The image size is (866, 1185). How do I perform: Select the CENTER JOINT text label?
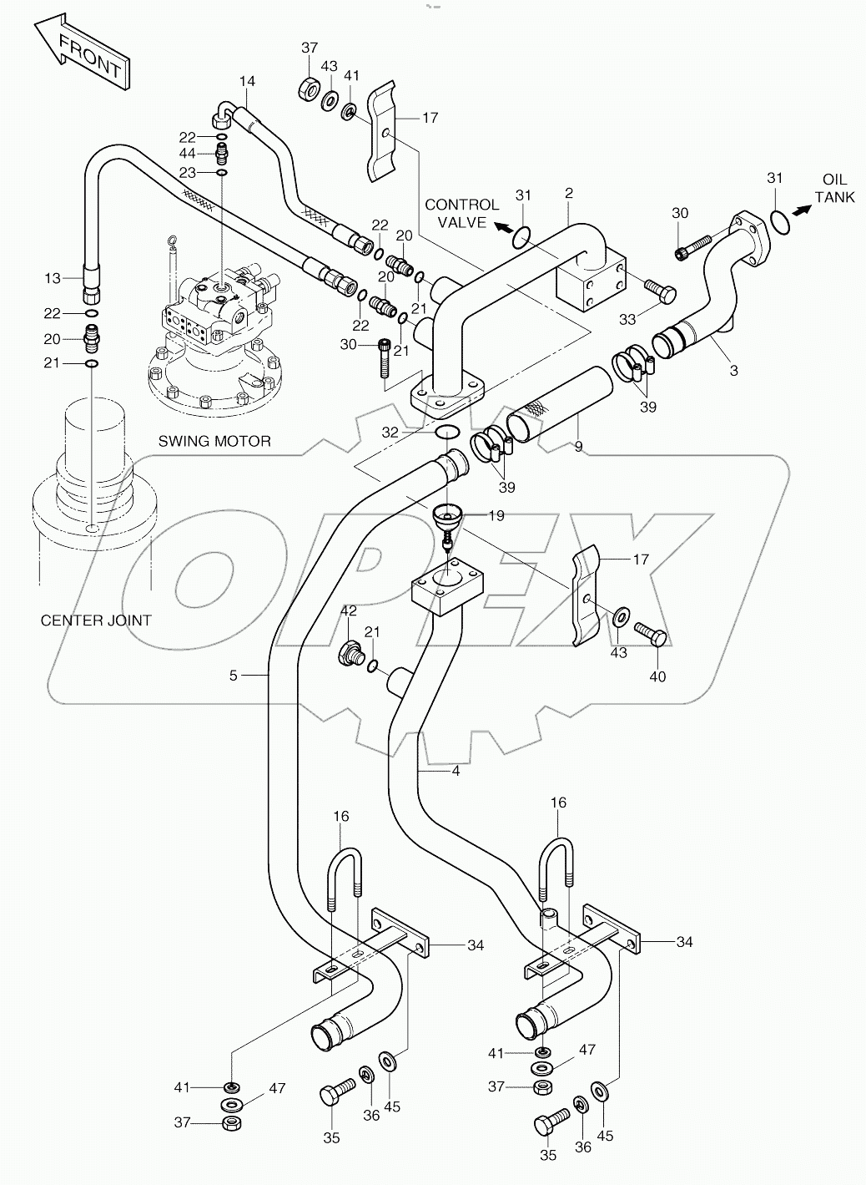click(96, 620)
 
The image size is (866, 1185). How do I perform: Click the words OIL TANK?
click(834, 189)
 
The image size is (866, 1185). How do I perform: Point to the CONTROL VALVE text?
click(461, 212)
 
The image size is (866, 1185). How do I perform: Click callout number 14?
click(247, 81)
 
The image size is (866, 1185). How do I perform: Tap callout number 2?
click(568, 194)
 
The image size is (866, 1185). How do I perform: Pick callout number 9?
click(577, 448)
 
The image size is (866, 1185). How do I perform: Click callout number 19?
click(496, 516)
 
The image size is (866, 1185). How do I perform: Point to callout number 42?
click(348, 610)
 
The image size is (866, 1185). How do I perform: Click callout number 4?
click(456, 771)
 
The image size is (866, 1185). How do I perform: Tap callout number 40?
click(657, 676)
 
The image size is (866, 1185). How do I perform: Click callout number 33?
click(627, 318)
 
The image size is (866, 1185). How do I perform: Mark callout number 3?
click(733, 370)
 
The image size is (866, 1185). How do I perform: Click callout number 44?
click(187, 154)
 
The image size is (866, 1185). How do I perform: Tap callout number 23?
click(187, 172)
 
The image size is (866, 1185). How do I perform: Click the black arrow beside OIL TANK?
click(802, 211)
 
